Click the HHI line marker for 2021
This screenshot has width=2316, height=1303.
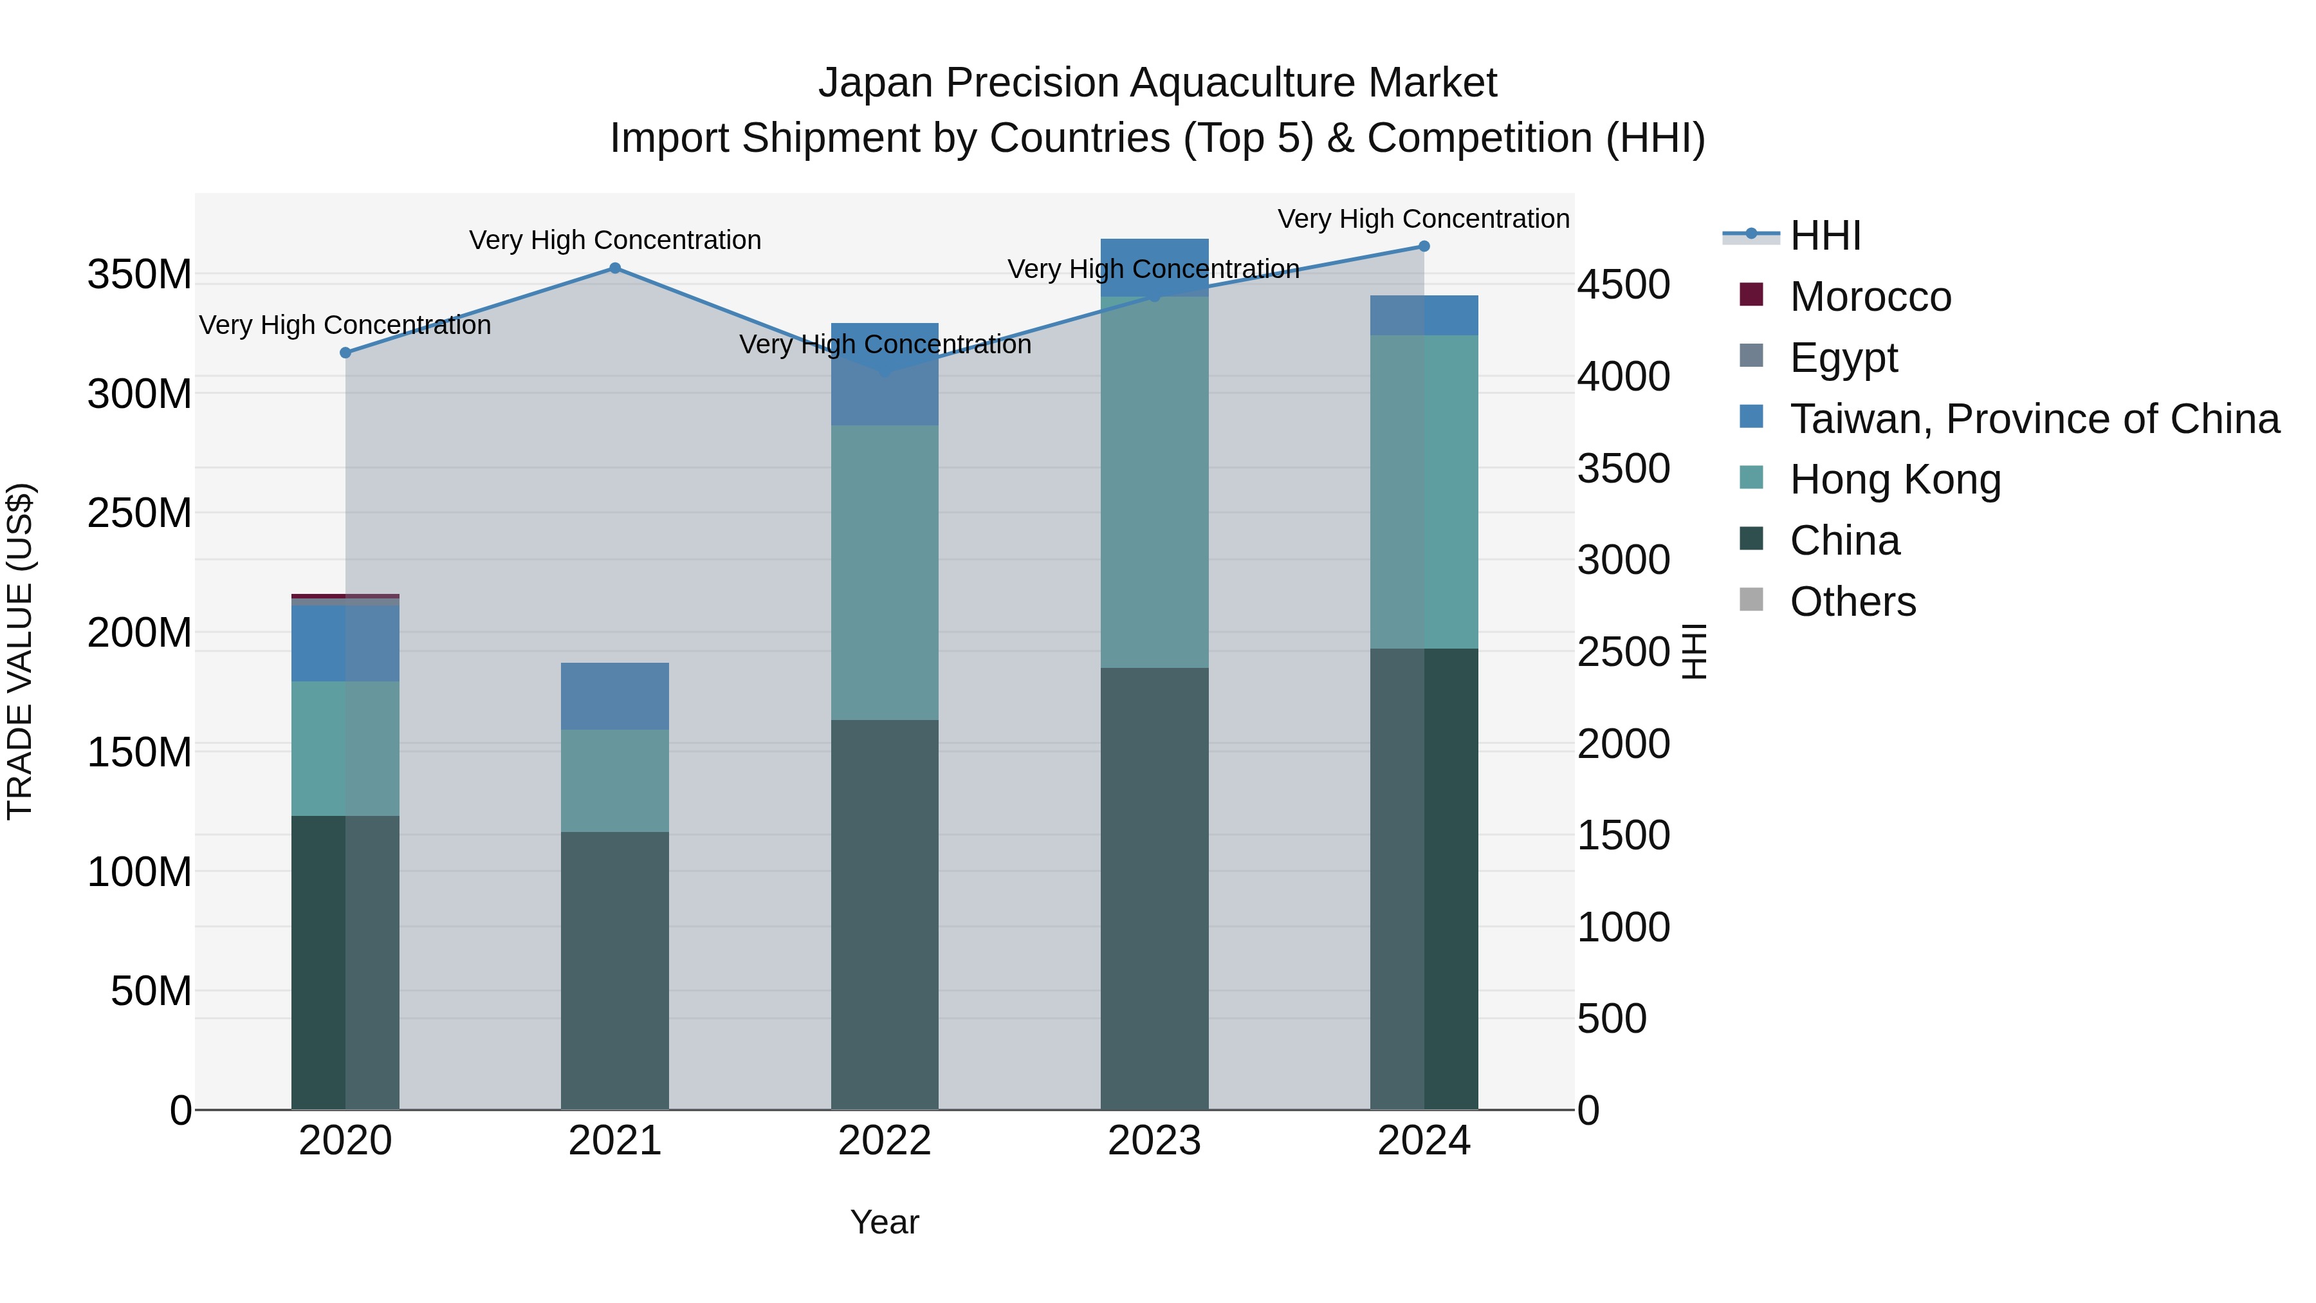tap(615, 268)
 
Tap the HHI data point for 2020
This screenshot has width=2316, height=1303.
tap(345, 353)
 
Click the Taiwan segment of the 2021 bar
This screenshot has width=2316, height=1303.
tap(615, 696)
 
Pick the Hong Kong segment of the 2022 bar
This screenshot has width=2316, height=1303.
tap(885, 572)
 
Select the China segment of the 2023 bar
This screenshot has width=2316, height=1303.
tap(1154, 889)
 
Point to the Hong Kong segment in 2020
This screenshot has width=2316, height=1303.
tap(345, 748)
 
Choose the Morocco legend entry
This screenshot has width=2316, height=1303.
tap(1870, 297)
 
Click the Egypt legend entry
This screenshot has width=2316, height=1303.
tap(1843, 358)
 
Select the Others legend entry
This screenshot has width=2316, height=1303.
tap(1852, 602)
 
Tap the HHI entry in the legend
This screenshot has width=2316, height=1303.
tap(1825, 236)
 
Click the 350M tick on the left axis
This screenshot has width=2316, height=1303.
tap(140, 274)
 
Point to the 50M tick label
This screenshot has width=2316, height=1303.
tap(151, 991)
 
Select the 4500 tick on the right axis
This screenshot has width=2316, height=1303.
tap(1624, 285)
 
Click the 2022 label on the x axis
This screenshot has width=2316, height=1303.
tap(885, 1141)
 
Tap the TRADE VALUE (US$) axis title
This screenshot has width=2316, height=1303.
tap(20, 651)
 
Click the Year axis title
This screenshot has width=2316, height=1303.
tap(885, 1222)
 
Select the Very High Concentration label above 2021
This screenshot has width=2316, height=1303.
tap(615, 240)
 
